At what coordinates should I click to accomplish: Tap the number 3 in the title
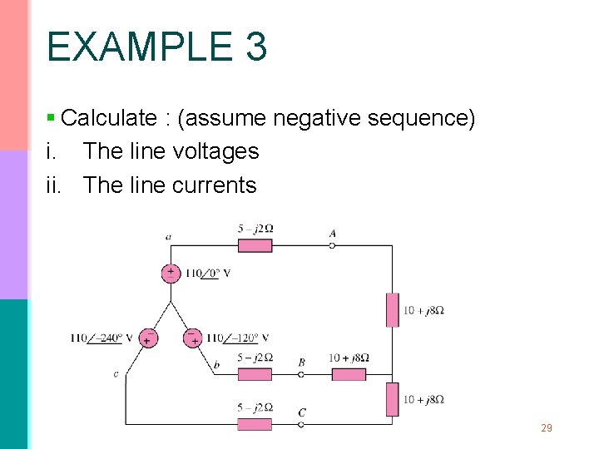pos(256,47)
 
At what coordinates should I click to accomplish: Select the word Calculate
pos(109,118)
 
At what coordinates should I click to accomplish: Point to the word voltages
pos(219,151)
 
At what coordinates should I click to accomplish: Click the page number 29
pos(546,428)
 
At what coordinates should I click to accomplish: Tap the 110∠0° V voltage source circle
pos(171,274)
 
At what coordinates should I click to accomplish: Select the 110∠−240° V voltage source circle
pos(147,338)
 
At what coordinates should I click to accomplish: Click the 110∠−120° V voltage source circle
pos(193,338)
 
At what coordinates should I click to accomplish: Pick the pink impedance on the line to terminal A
pos(255,245)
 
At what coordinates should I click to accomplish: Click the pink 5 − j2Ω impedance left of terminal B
pos(255,374)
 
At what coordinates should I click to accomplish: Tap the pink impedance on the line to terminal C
pos(255,424)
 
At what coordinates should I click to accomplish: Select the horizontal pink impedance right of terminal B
pos(349,374)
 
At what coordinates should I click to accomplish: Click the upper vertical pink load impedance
pos(392,309)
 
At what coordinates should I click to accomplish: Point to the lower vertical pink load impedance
pos(392,399)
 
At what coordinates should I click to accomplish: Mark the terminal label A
pos(333,234)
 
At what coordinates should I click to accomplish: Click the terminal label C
pos(301,412)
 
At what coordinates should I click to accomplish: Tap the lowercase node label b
pos(216,364)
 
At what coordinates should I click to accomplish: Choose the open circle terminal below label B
pos(301,374)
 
